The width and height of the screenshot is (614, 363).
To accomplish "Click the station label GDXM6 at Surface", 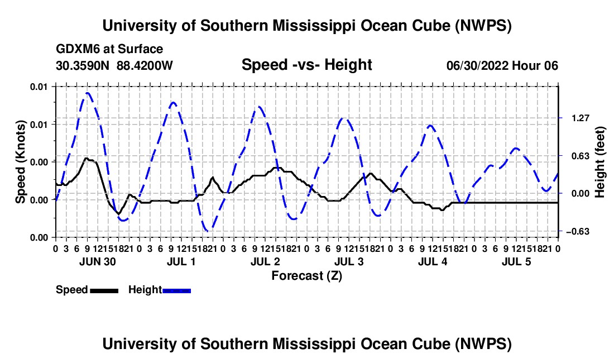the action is (109, 49).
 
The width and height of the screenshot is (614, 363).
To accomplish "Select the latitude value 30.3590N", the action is (83, 65).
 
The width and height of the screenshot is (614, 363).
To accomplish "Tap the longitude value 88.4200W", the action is (145, 65).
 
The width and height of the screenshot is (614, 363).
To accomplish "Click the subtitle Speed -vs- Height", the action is (306, 65).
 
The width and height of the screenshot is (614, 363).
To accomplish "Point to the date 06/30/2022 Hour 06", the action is (502, 65).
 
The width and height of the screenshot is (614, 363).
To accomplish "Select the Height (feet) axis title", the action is (599, 162).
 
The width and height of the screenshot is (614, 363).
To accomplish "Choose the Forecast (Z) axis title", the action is (306, 276).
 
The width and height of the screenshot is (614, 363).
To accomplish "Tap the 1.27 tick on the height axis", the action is (581, 118).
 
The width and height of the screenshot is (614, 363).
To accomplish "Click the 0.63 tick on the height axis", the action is (581, 156).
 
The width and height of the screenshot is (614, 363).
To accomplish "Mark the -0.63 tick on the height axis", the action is (578, 232).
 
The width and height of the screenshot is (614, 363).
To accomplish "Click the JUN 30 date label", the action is (98, 261).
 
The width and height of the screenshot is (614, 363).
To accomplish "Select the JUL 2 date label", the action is (265, 261).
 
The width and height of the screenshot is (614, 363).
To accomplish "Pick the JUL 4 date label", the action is (433, 261).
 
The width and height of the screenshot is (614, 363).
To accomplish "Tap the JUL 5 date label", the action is (516, 261).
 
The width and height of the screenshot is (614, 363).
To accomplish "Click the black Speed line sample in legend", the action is (104, 291).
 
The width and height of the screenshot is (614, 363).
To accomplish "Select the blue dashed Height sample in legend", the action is (176, 291).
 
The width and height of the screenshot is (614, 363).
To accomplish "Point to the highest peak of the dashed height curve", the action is (87, 93).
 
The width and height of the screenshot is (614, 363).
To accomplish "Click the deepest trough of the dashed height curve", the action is (208, 230).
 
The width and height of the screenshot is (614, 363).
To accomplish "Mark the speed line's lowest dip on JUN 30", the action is (118, 213).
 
